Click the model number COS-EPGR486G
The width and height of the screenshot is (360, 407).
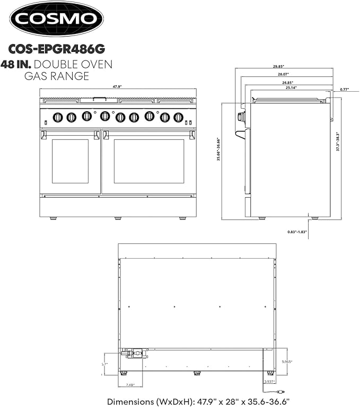tap(57, 49)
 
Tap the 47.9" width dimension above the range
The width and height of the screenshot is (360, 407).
tap(117, 86)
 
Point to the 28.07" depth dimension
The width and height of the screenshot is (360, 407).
tap(286, 75)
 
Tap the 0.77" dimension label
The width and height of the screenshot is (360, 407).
tap(344, 89)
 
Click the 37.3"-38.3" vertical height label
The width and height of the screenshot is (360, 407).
tap(337, 141)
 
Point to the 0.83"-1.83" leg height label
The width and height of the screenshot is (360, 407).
tap(296, 232)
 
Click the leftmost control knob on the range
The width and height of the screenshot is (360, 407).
tap(58, 117)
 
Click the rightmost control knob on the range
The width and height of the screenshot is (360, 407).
tap(178, 117)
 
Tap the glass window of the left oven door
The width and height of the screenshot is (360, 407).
tap(70, 161)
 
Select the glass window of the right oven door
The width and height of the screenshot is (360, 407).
tap(149, 161)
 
